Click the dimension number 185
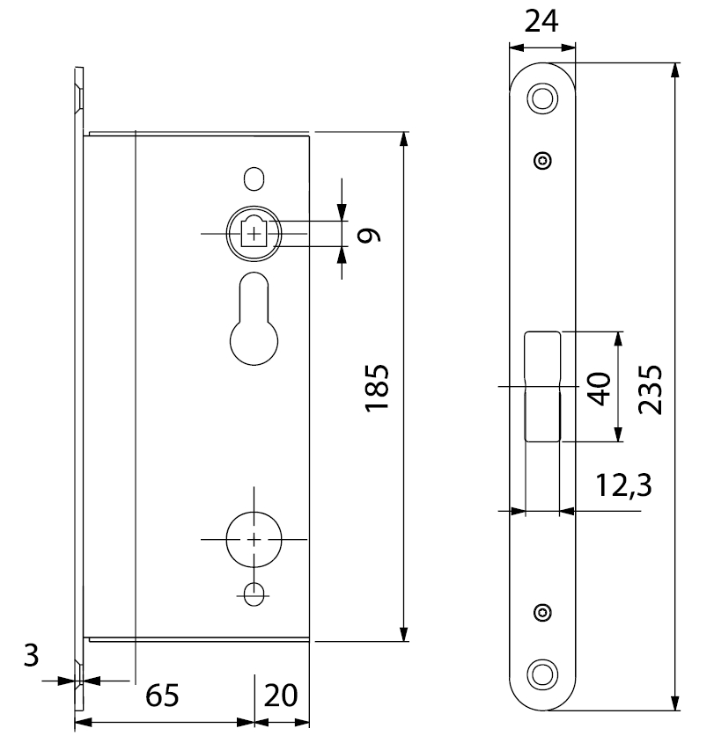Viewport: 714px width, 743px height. click(377, 387)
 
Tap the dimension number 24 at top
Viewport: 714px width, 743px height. click(542, 20)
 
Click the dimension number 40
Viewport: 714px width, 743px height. click(600, 388)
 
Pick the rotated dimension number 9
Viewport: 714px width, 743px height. click(371, 234)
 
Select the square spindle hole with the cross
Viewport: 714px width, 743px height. click(254, 233)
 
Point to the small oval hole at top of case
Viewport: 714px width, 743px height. click(255, 178)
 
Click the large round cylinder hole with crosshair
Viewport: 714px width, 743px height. click(254, 538)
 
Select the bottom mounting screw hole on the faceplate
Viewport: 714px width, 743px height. click(542, 674)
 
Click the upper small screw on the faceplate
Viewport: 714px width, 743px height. click(542, 160)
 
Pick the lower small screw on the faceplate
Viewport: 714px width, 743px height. click(542, 612)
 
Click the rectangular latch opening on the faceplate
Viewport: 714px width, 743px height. click(542, 386)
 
